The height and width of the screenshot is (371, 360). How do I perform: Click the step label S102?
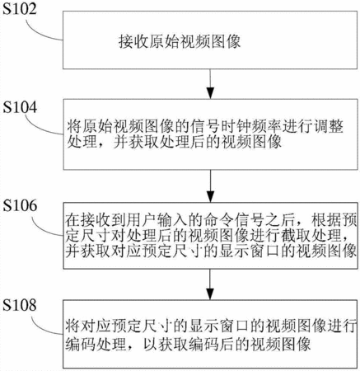point(19,9)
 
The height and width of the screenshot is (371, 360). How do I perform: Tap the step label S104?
point(20,107)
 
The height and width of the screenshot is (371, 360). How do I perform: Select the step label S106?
point(20,205)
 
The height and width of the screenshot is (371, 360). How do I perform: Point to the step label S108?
point(20,305)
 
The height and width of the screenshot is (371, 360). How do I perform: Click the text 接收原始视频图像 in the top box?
point(180,41)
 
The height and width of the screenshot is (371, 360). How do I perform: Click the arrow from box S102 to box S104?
point(210,83)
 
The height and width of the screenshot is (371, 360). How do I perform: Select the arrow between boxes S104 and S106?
point(210,186)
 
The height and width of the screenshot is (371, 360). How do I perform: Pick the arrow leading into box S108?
point(210,284)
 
